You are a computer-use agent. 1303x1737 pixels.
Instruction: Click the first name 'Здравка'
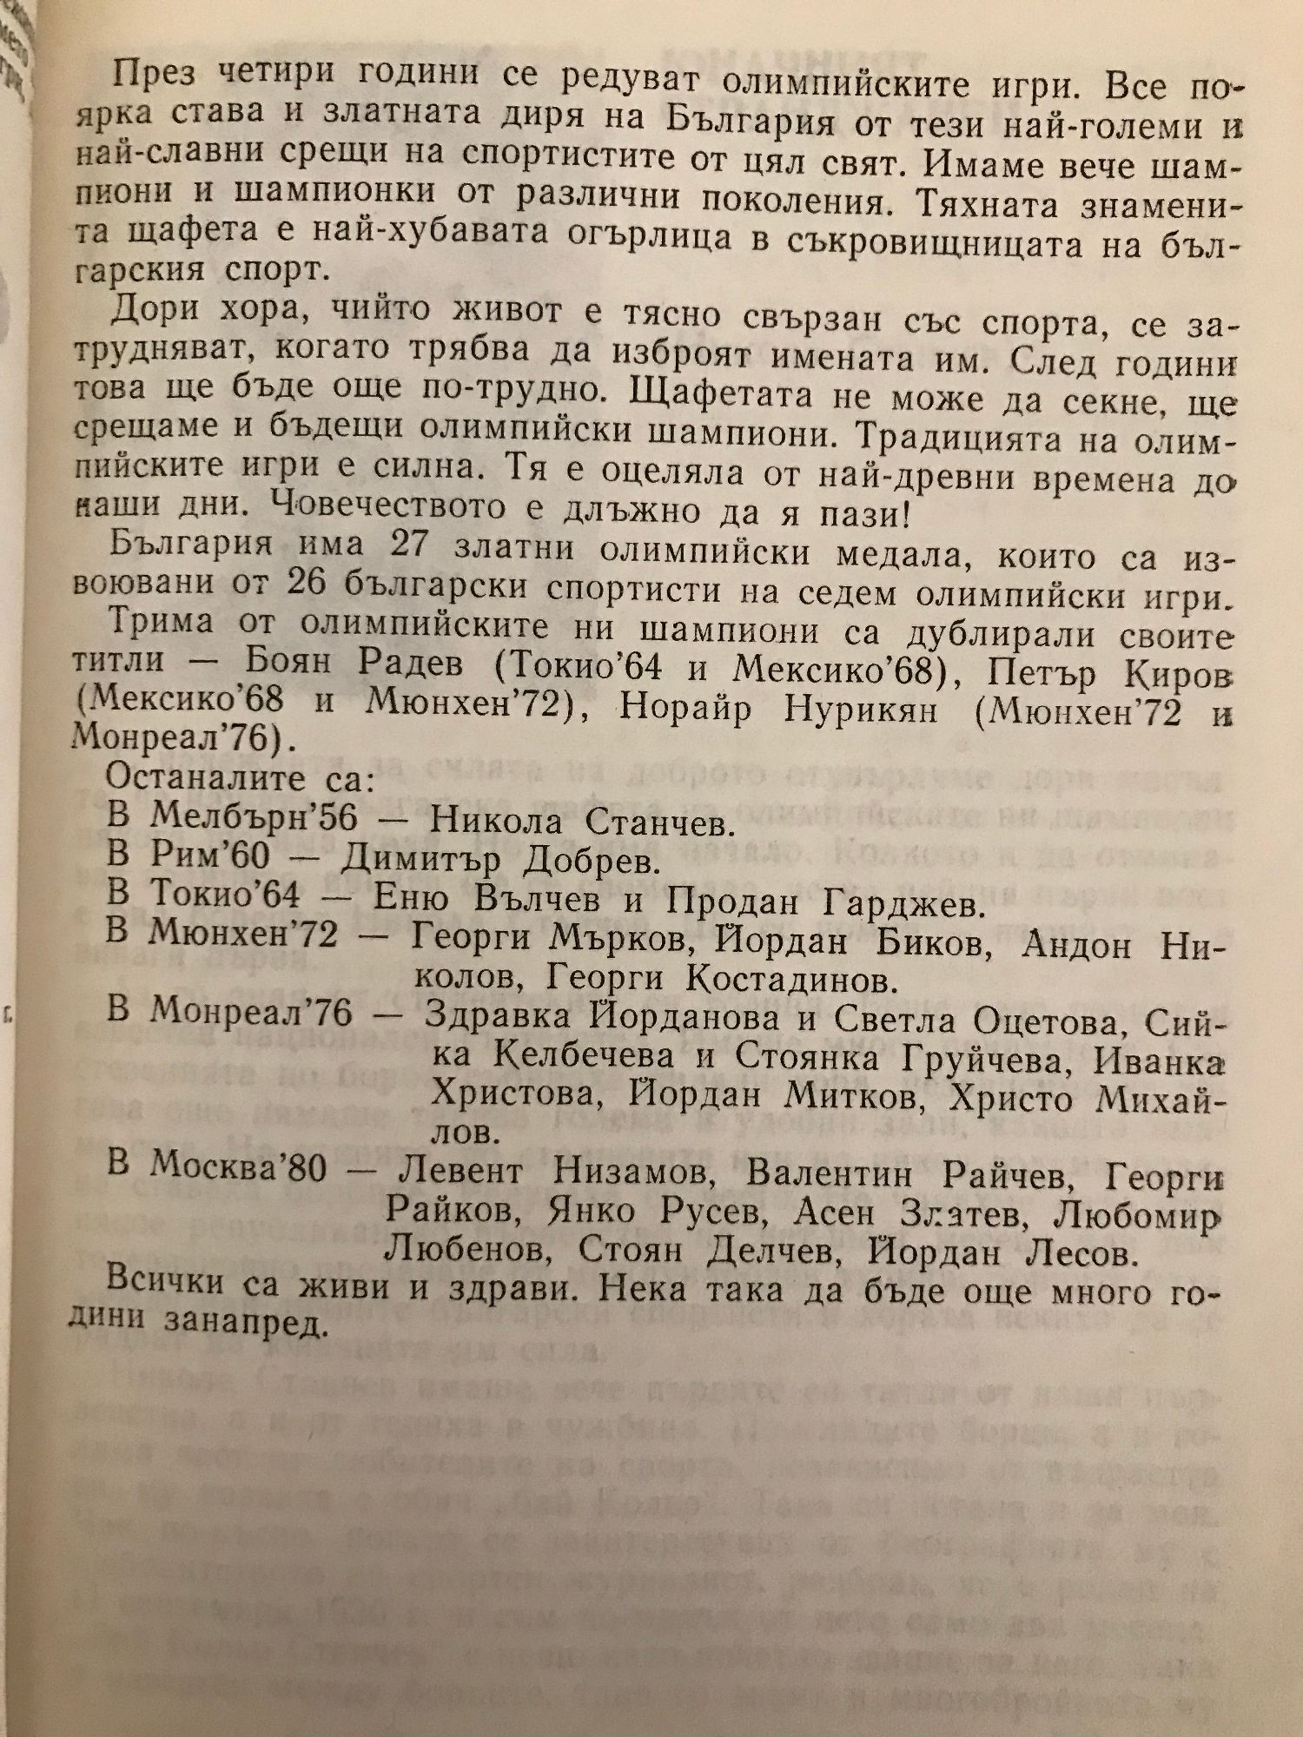coord(498,1016)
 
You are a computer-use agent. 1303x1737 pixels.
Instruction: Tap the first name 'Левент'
coord(460,1171)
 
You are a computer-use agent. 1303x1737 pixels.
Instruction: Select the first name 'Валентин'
coord(829,1174)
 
